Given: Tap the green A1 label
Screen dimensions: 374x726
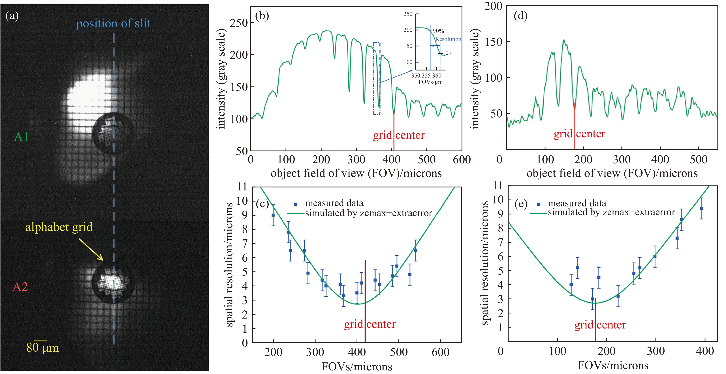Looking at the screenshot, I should coord(21,137).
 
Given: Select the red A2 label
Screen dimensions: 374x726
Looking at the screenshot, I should coord(20,287).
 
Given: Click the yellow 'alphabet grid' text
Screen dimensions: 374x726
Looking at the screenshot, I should coord(59,227).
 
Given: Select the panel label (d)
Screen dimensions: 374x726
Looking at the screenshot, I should coord(520,16).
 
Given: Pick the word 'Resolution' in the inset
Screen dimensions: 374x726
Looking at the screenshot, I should coord(448,39).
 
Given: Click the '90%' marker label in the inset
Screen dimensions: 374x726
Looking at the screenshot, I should coord(438,31).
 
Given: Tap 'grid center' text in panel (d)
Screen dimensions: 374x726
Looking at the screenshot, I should coord(579,134).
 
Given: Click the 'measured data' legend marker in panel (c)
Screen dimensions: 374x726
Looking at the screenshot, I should coord(296,204).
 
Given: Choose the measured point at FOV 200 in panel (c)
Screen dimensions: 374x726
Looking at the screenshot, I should coord(273,215).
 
